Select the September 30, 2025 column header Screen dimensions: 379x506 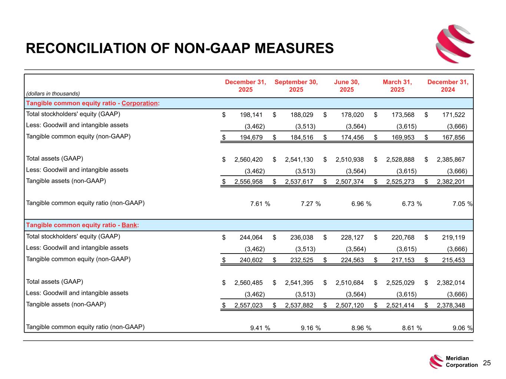pyautogui.click(x=296, y=86)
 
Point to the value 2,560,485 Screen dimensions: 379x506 pyautogui.click(x=248, y=283)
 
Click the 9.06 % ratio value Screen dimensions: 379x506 pyautogui.click(x=462, y=328)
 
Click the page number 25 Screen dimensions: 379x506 pyautogui.click(x=487, y=363)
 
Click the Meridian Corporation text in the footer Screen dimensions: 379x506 pyautogui.click(x=462, y=362)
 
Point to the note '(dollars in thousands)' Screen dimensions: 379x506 pyautogui.click(x=53, y=94)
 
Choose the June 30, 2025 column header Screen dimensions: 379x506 pyautogui.click(x=347, y=86)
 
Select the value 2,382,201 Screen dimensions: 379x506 pyautogui.click(x=450, y=181)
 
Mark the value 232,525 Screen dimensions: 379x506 pyautogui.click(x=302, y=260)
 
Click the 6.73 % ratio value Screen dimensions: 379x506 pyautogui.click(x=412, y=204)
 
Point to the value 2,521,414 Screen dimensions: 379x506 pyautogui.click(x=400, y=305)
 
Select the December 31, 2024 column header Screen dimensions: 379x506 pyautogui.click(x=448, y=86)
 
